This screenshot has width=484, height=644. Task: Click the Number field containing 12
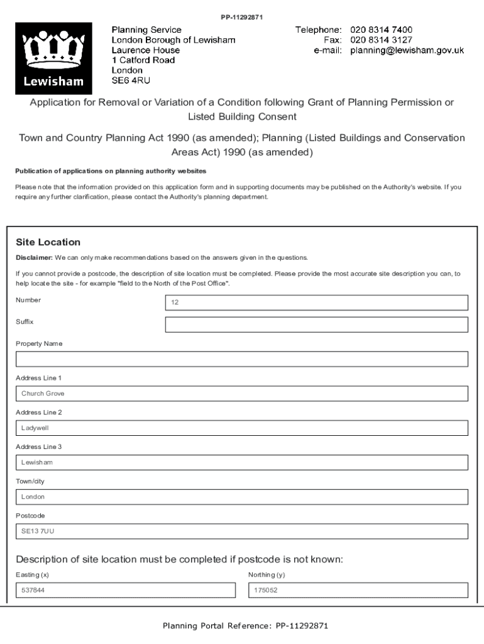click(316, 303)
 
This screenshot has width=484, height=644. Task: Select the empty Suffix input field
click(316, 325)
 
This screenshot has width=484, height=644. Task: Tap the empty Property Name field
click(242, 359)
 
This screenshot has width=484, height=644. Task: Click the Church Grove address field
click(242, 394)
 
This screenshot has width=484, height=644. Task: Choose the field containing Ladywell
click(242, 428)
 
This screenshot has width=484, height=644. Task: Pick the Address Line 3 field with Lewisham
click(242, 462)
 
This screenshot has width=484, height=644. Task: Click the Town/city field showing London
click(242, 497)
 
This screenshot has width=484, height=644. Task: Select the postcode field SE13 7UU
click(242, 531)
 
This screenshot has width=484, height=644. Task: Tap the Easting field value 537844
click(126, 591)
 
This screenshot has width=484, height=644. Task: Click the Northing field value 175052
click(358, 591)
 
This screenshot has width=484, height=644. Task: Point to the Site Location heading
click(48, 242)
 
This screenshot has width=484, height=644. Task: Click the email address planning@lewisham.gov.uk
click(407, 50)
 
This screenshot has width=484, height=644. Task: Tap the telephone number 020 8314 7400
click(381, 30)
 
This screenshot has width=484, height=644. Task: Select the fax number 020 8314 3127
click(381, 40)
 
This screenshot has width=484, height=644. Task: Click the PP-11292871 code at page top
click(241, 17)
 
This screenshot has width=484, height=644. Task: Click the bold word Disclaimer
click(33, 258)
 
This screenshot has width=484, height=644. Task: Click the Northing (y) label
click(266, 575)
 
